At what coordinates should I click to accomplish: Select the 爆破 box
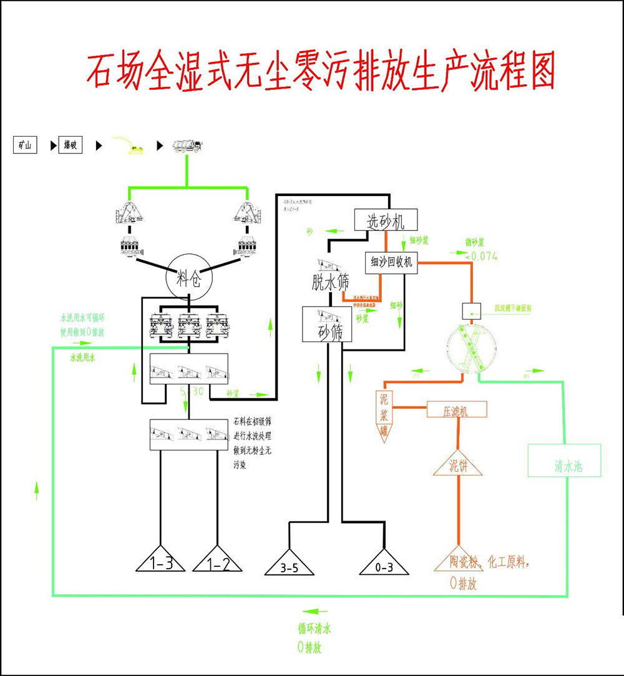(x=71, y=146)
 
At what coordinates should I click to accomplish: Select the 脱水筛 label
(x=331, y=282)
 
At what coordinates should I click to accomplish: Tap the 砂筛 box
(x=328, y=324)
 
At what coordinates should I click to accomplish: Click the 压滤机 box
(x=456, y=410)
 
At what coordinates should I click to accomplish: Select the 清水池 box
(x=564, y=461)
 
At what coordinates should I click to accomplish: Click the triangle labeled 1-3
(x=161, y=561)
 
